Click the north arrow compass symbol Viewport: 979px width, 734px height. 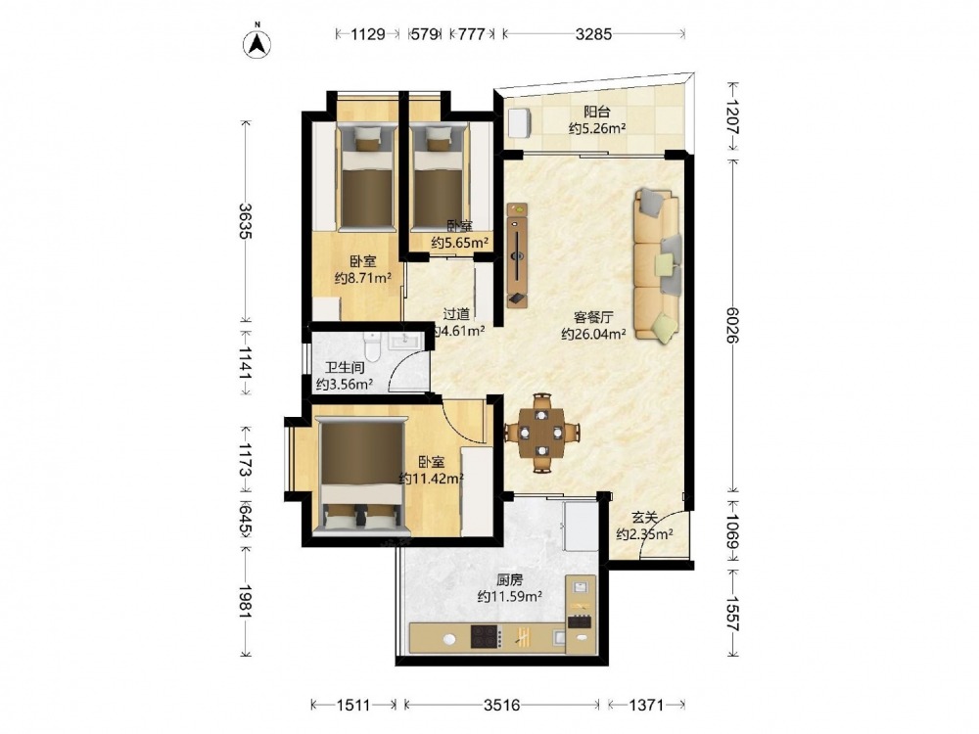click(x=256, y=42)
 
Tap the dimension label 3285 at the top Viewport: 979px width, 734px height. click(x=593, y=34)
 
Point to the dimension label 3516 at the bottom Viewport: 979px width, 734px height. click(x=501, y=706)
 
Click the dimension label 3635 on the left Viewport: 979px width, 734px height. click(x=245, y=221)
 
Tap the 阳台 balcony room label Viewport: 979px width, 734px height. click(x=597, y=113)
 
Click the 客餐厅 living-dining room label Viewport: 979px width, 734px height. click(x=593, y=318)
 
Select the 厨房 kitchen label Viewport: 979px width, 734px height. click(x=509, y=579)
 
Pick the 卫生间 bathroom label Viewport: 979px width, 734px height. click(x=345, y=368)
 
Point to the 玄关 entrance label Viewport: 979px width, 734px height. click(x=644, y=518)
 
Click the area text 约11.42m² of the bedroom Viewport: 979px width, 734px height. click(x=432, y=479)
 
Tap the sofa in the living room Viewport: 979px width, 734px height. click(x=657, y=265)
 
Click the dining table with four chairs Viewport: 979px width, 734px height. click(x=542, y=432)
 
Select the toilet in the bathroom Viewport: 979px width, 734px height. click(x=373, y=346)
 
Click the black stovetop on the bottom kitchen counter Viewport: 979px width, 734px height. click(x=486, y=637)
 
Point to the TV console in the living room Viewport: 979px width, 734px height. click(x=517, y=254)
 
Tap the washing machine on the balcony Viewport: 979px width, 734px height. click(x=520, y=122)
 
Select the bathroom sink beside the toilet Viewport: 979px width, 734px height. click(x=406, y=341)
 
